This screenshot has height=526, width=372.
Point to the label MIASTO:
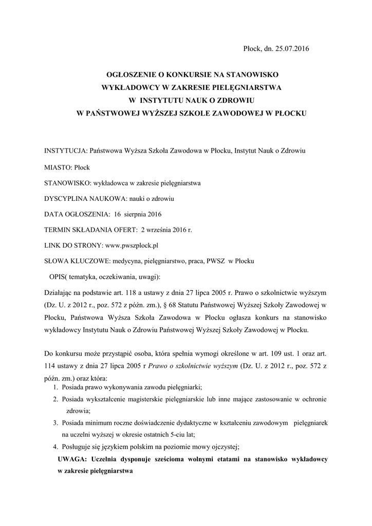pos(59,167)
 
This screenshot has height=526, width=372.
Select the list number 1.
pos(55,387)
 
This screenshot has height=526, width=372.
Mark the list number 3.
pos(55,422)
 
